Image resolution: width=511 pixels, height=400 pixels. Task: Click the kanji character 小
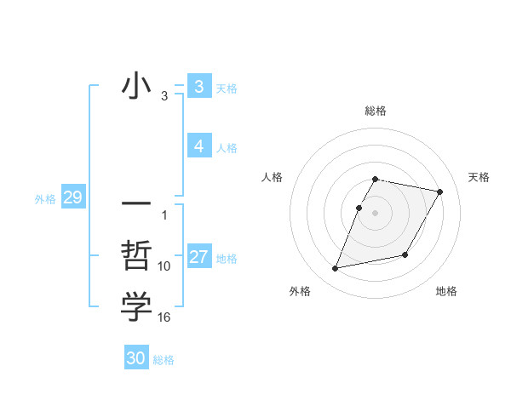point(136,88)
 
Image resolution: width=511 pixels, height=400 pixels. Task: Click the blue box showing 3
point(198,86)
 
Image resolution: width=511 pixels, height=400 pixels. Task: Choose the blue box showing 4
point(198,146)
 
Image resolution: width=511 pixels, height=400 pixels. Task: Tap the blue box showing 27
point(198,257)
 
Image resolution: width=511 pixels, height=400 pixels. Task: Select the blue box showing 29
point(72,198)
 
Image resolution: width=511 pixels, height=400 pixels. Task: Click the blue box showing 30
point(136,358)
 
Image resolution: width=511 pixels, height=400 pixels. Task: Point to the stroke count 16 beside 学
point(164,317)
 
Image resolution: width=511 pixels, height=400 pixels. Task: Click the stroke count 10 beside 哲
point(164,266)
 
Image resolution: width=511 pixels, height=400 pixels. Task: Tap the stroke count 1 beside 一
point(164,215)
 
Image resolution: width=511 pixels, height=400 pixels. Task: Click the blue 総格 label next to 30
point(164,360)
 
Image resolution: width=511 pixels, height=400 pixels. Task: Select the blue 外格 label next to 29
point(45,199)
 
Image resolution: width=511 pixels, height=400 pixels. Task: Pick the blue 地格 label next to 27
point(227,259)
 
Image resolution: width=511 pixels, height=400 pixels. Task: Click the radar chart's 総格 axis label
point(376,111)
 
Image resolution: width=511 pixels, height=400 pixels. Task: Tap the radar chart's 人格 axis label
point(272,177)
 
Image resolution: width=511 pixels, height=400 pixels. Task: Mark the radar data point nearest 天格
point(439,192)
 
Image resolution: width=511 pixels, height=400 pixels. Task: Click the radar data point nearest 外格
point(336,269)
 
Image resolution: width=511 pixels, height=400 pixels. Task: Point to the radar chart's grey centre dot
point(376,213)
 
